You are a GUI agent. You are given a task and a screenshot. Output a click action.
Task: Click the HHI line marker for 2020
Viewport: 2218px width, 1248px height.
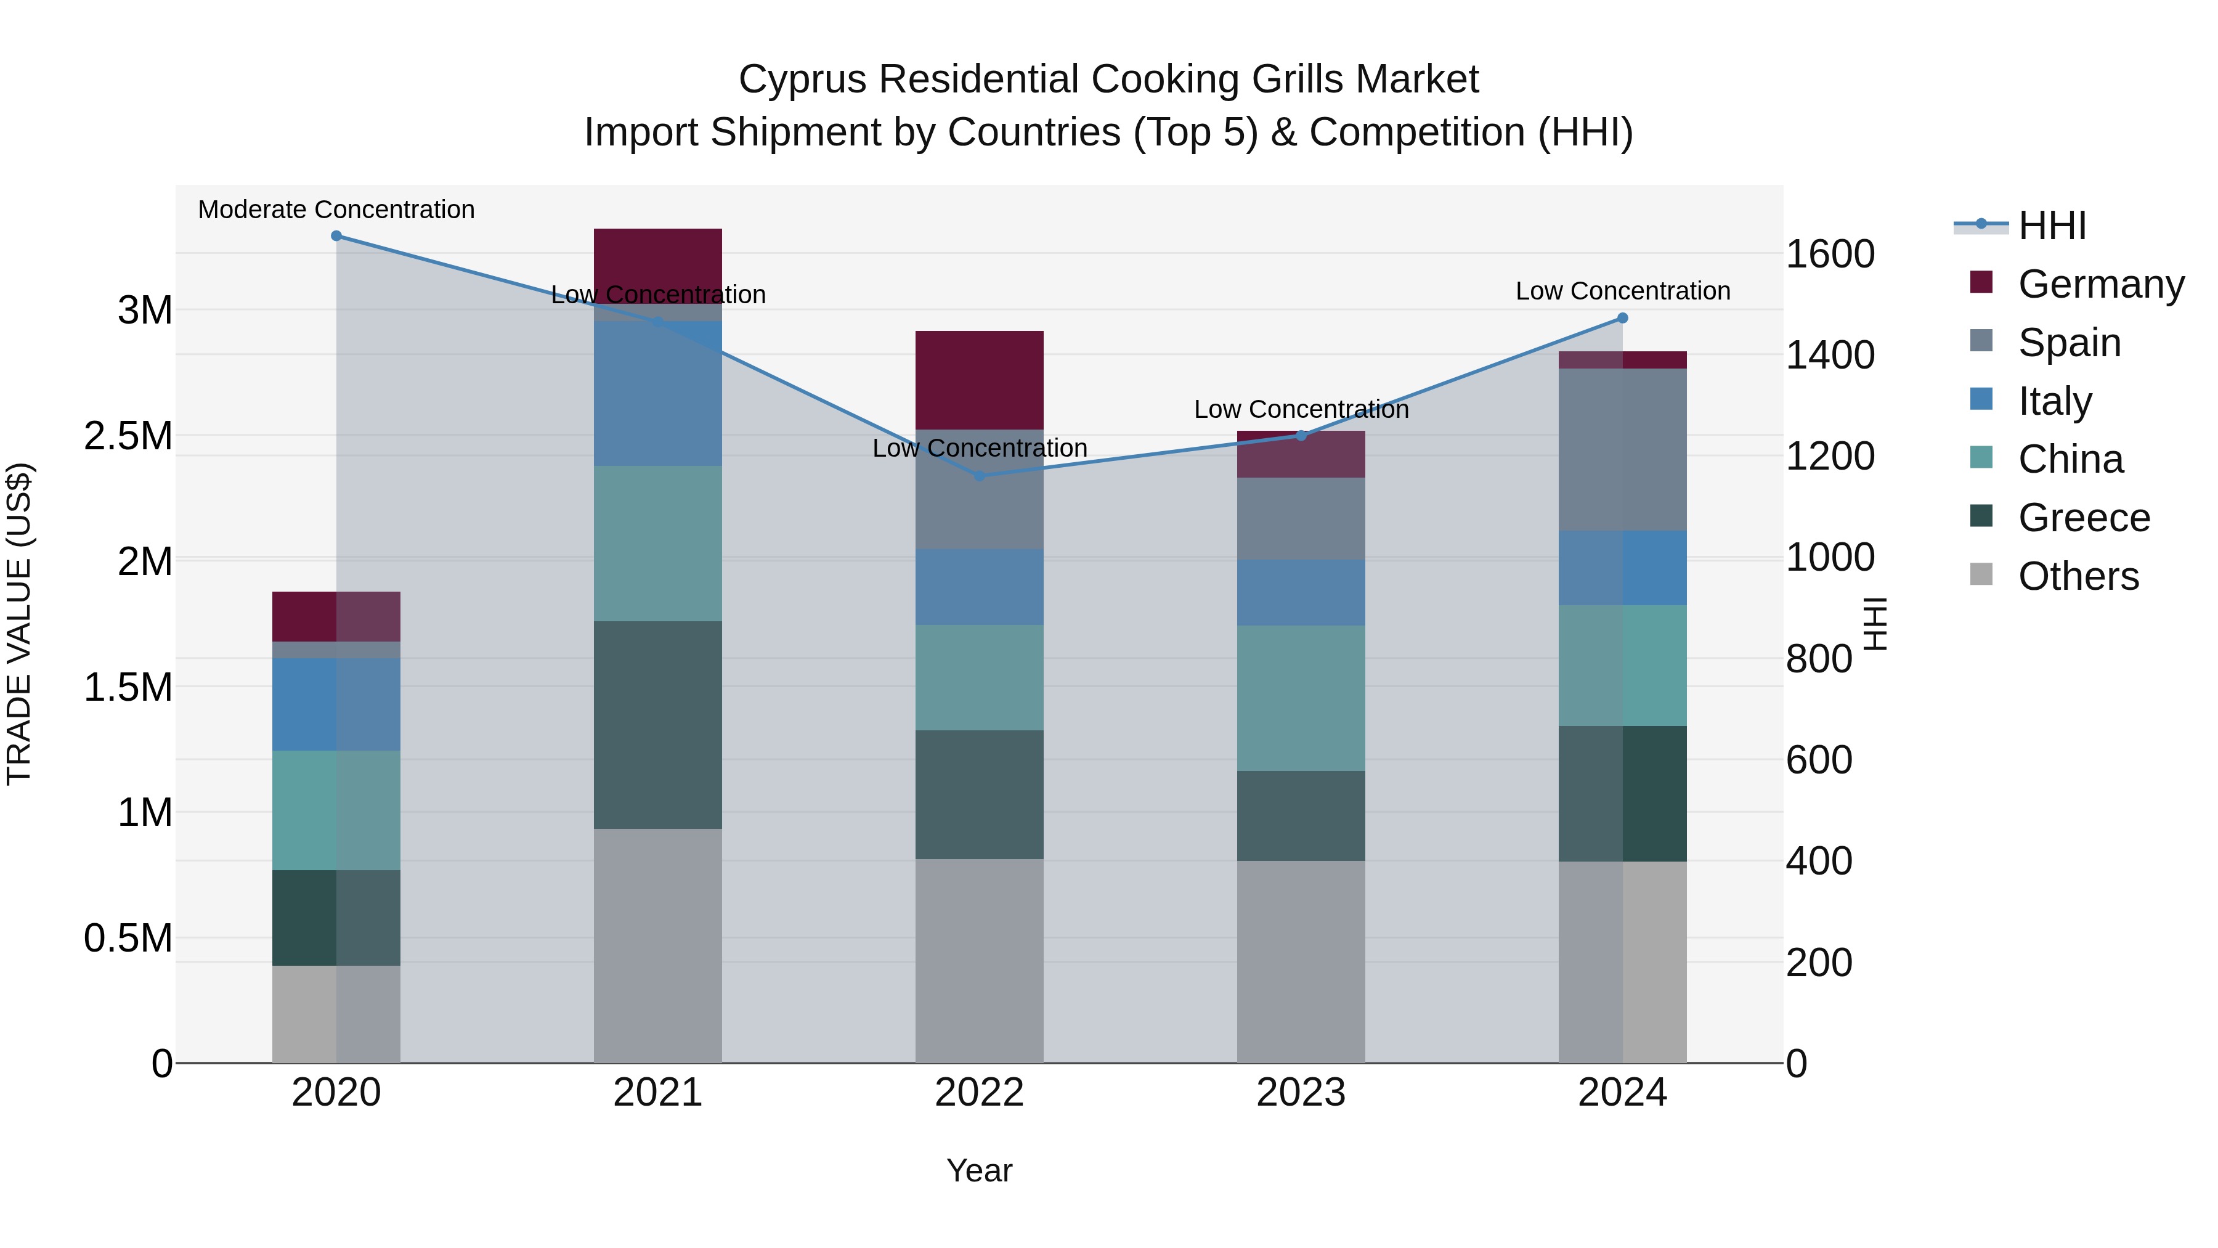pos(336,236)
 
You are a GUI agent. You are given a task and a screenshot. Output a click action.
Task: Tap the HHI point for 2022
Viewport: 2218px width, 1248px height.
pos(979,475)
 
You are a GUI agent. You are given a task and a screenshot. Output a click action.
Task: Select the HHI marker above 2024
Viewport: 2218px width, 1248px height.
pos(1622,318)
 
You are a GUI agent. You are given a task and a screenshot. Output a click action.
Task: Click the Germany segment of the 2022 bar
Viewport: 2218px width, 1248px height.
pos(979,380)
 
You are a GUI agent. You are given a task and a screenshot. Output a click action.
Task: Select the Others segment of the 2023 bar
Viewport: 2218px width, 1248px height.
pos(1301,961)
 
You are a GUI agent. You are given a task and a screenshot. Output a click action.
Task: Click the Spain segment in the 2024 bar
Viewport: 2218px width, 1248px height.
pos(1622,450)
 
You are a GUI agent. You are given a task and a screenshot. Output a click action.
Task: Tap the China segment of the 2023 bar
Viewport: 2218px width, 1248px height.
pos(1301,698)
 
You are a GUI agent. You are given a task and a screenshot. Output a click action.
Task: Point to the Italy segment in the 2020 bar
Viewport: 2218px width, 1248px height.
pos(336,704)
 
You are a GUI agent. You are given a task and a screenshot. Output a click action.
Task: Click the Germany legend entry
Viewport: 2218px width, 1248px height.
pos(2101,284)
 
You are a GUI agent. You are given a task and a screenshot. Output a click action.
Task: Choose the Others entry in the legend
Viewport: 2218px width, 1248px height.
pos(2078,576)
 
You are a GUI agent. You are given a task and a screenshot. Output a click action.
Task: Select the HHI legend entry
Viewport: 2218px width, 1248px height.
pos(2052,226)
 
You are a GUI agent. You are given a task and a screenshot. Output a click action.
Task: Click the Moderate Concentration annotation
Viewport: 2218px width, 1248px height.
pos(336,210)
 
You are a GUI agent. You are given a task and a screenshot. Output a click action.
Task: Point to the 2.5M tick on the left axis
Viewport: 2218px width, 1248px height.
pos(128,436)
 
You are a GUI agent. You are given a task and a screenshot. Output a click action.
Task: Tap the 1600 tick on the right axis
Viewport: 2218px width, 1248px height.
pos(1830,254)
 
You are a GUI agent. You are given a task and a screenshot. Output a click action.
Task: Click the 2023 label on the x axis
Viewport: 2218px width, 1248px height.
pos(1301,1093)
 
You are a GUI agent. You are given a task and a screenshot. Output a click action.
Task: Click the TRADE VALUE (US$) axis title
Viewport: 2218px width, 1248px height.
pos(19,624)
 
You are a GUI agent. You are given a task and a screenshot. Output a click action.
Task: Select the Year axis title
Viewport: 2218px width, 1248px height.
pos(979,1170)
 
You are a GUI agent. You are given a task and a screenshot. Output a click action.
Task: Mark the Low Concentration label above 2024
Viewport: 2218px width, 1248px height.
pos(1622,291)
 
